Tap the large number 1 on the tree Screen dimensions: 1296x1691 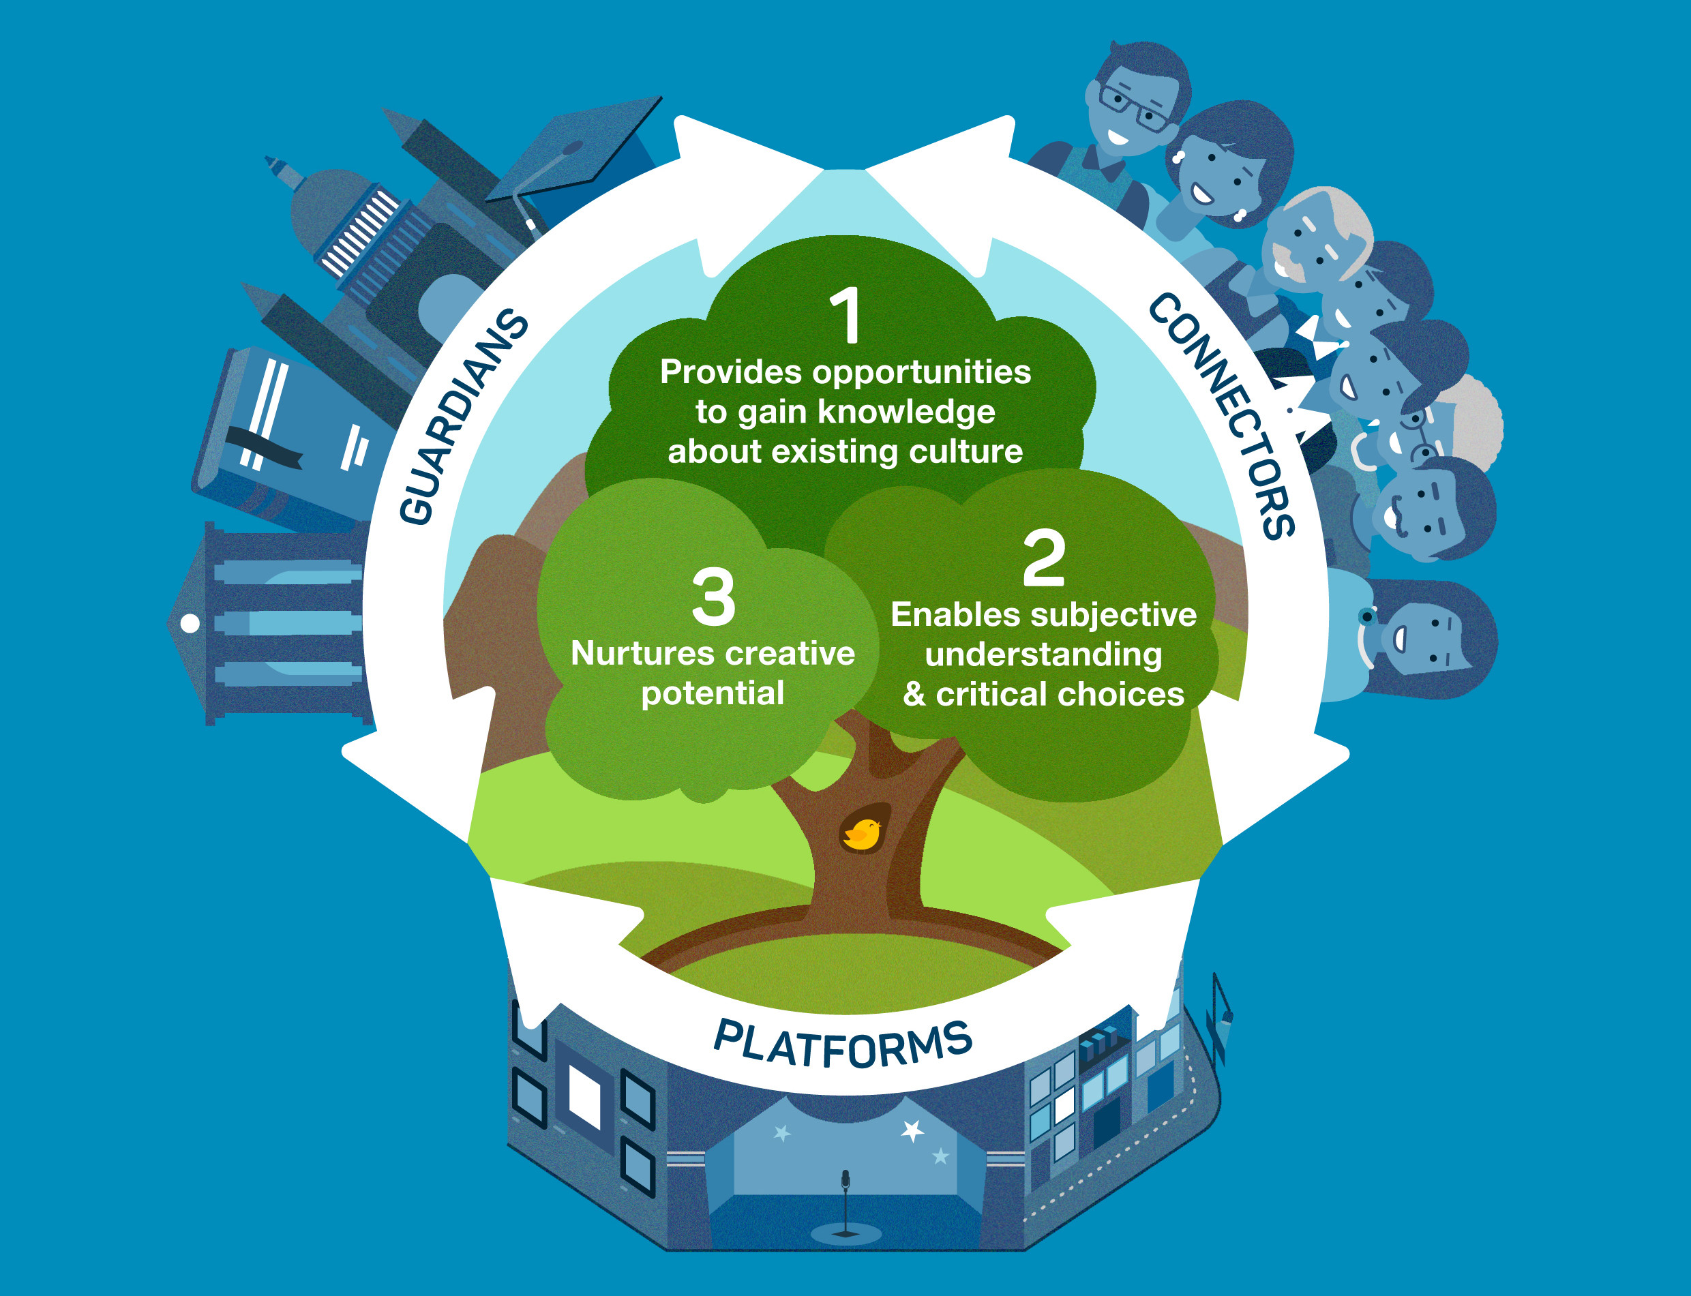(846, 316)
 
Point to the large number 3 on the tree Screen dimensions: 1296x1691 (713, 597)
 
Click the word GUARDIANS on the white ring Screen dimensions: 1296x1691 (463, 417)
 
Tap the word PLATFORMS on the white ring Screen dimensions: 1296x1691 (843, 1044)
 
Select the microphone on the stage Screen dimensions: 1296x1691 (845, 1189)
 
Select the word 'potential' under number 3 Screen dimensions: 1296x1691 (713, 693)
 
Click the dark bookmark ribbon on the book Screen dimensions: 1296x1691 (263, 448)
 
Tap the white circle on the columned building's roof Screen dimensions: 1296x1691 (190, 623)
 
